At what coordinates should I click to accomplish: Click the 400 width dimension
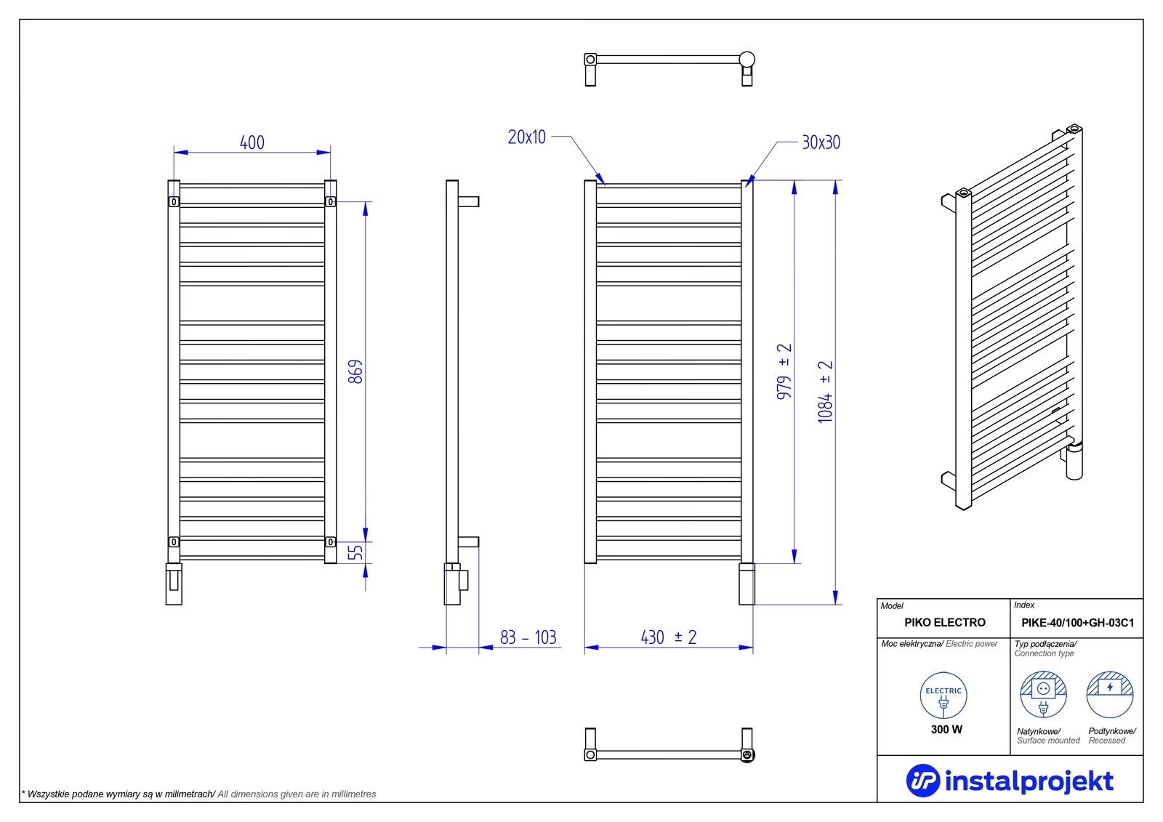pyautogui.click(x=252, y=142)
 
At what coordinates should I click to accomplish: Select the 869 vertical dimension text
pyautogui.click(x=355, y=371)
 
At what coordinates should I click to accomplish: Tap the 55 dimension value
pyautogui.click(x=355, y=552)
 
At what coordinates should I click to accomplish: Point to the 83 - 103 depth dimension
pyautogui.click(x=528, y=637)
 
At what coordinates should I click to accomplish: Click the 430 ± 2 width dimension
pyautogui.click(x=668, y=637)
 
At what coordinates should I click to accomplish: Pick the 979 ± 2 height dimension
pyautogui.click(x=784, y=371)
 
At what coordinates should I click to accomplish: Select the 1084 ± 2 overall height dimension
pyautogui.click(x=826, y=392)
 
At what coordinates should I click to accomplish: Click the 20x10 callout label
pyautogui.click(x=526, y=137)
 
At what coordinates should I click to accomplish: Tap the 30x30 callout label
pyautogui.click(x=821, y=142)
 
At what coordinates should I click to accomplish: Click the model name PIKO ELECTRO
pyautogui.click(x=944, y=622)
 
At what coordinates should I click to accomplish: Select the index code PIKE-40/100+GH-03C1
pyautogui.click(x=1077, y=623)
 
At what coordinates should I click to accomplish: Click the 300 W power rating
pyautogui.click(x=946, y=729)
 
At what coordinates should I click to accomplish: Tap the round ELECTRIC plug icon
pyautogui.click(x=943, y=696)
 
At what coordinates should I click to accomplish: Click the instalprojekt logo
pyautogui.click(x=1010, y=781)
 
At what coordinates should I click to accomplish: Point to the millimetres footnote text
pyautogui.click(x=199, y=794)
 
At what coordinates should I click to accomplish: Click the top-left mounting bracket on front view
pyautogui.click(x=174, y=201)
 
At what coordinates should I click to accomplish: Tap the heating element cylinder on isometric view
pyautogui.click(x=1074, y=459)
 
